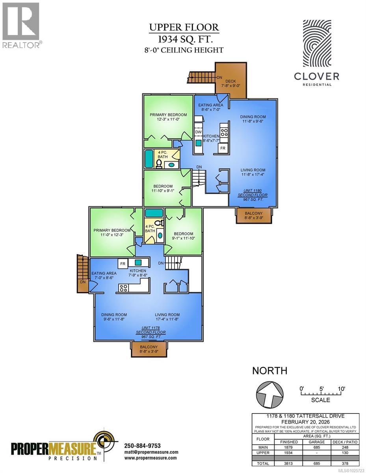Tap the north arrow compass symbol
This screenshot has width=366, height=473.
click(x=270, y=394)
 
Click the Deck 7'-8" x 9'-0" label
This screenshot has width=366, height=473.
click(x=230, y=84)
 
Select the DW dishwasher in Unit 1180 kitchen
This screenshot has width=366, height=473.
click(x=199, y=132)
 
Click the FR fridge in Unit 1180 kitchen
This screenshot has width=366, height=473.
click(x=223, y=148)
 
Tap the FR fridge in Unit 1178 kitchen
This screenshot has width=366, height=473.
click(x=123, y=263)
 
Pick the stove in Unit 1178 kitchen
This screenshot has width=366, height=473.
click(x=123, y=288)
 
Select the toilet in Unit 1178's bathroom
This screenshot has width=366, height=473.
click(x=160, y=223)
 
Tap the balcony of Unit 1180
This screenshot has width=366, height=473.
click(x=254, y=215)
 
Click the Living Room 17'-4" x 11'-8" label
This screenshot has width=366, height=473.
click(x=167, y=317)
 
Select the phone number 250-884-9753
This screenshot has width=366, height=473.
click(x=143, y=445)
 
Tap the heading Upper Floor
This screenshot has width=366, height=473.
click(x=184, y=28)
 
